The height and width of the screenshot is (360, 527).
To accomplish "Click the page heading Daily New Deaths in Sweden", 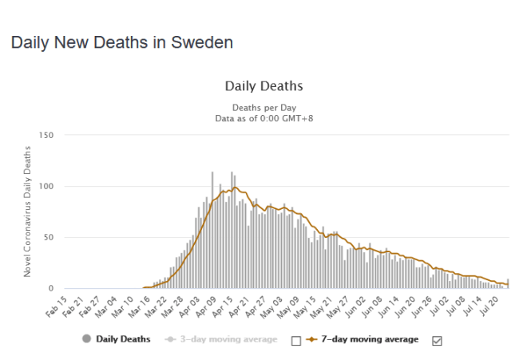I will tap(122, 42).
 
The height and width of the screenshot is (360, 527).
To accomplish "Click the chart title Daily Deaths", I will tap(263, 85).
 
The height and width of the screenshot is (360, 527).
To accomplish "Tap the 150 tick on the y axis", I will tap(46, 136).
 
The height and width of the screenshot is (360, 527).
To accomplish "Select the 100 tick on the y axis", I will tap(46, 187).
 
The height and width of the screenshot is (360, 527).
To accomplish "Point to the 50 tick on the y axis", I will tap(48, 238).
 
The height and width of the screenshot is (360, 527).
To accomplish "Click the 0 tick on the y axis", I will tap(50, 288).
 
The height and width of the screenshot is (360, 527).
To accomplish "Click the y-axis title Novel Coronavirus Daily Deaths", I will tap(27, 212).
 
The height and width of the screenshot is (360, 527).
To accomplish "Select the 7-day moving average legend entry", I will tap(368, 339).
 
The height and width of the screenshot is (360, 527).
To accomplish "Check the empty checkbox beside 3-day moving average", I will tap(296, 340).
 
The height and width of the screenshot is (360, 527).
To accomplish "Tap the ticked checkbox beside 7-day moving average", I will tap(436, 340).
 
